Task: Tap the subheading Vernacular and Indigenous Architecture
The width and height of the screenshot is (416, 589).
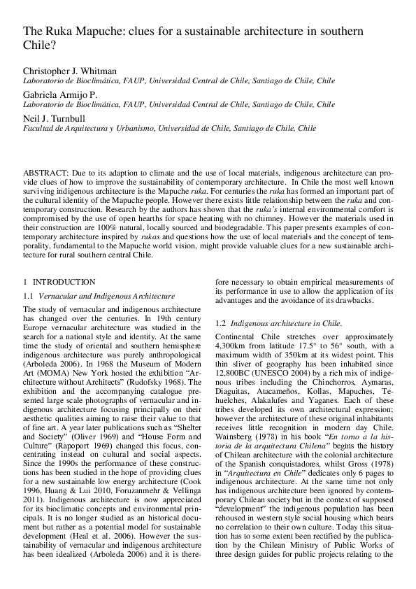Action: point(106,297)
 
